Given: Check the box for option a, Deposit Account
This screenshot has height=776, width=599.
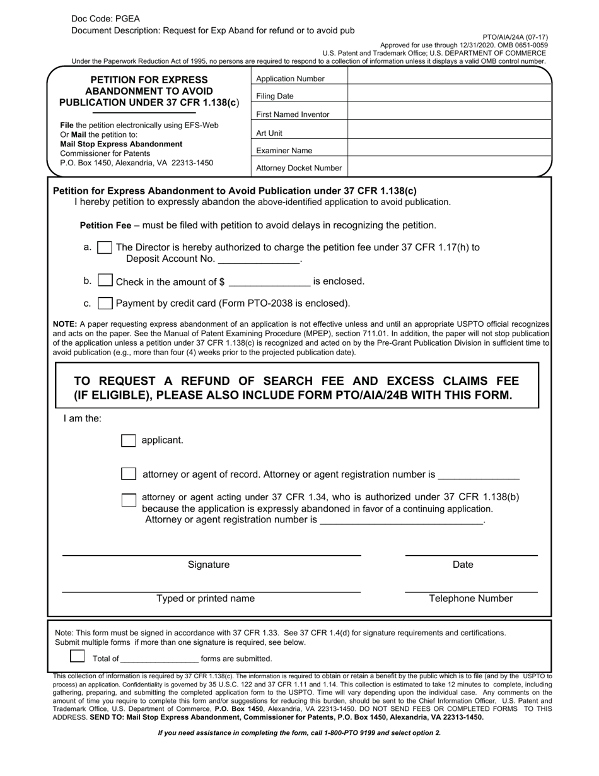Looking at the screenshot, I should pyautogui.click(x=105, y=248).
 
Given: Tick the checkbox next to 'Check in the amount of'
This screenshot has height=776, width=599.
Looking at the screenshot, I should pyautogui.click(x=106, y=280).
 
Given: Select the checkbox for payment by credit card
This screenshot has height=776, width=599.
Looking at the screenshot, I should pyautogui.click(x=106, y=303).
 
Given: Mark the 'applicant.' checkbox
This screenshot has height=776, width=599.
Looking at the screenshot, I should pyautogui.click(x=128, y=440).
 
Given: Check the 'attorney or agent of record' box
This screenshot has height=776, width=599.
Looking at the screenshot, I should pyautogui.click(x=129, y=474).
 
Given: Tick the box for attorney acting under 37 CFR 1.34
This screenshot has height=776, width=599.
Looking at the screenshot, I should pyautogui.click(x=129, y=500).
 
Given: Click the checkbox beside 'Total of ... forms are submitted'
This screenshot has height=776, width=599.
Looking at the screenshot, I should pyautogui.click(x=77, y=656).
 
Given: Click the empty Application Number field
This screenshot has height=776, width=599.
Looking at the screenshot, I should pyautogui.click(x=449, y=78).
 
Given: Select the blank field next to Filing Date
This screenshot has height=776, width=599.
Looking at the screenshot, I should pyautogui.click(x=449, y=96).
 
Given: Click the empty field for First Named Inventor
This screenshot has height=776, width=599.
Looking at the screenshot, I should pyautogui.click(x=449, y=114).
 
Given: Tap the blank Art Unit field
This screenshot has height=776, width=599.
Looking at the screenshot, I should pyautogui.click(x=449, y=132).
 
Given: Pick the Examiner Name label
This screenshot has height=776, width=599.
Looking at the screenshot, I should pyautogui.click(x=284, y=151).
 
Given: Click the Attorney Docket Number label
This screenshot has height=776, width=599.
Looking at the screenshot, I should pyautogui.click(x=299, y=168).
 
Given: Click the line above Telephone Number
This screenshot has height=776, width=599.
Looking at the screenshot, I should pyautogui.click(x=470, y=591).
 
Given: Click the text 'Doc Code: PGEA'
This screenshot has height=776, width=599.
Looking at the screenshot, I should pyautogui.click(x=105, y=19).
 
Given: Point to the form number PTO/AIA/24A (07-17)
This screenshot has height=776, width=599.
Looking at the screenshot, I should pyautogui.click(x=515, y=37).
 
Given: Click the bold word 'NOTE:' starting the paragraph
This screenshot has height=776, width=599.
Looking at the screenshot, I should pyautogui.click(x=64, y=324).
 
